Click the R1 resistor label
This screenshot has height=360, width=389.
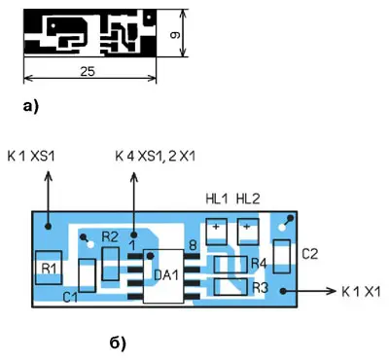49,269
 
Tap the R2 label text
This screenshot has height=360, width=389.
110,237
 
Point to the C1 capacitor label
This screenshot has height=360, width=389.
70,297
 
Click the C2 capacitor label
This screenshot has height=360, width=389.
310,254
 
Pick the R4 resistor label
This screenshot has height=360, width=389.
259,264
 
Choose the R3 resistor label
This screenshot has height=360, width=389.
260,287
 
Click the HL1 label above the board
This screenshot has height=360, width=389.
217,198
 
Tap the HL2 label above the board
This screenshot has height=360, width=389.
248,198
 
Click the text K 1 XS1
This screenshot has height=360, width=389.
31,157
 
